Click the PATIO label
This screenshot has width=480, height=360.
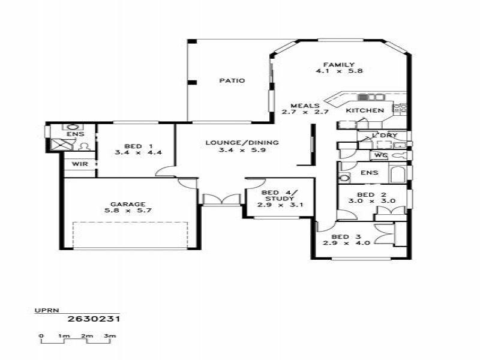pos(232,81)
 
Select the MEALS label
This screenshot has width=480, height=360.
pos(305,106)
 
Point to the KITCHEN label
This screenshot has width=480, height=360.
pos(365,110)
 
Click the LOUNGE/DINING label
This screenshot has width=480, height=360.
pos(242,143)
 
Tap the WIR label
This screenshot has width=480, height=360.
pos(80,164)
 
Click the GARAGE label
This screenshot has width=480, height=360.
pos(128,204)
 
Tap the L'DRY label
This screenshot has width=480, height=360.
pos(385,136)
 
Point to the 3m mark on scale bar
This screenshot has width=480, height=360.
pos(109,336)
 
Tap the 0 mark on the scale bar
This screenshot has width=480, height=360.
pos(41,336)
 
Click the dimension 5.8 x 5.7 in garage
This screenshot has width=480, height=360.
pos(128,211)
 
